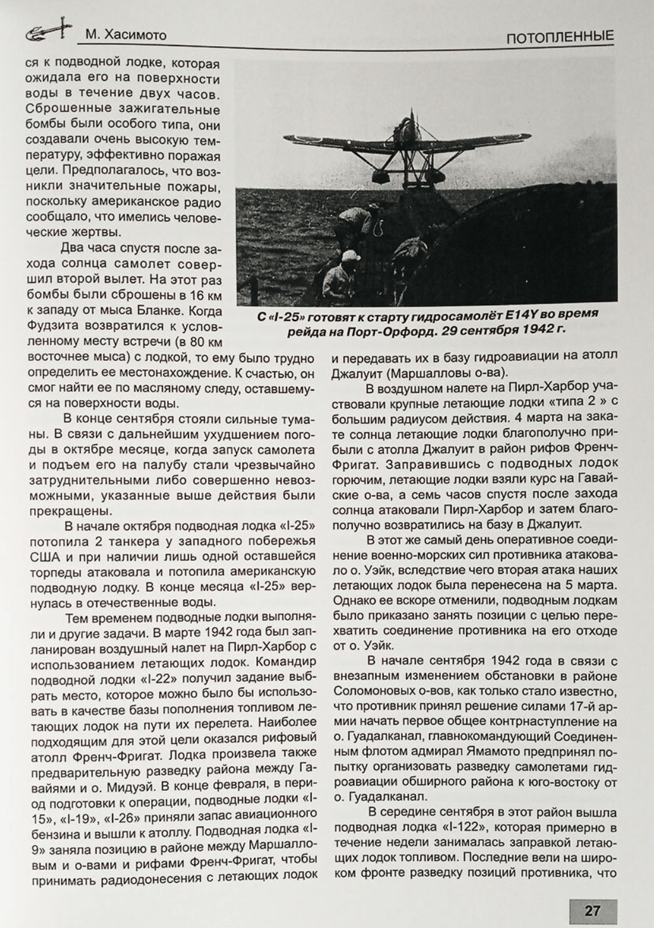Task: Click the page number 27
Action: pos(591,910)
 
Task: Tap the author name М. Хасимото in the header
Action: pos(126,35)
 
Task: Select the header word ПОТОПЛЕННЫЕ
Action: pos(560,37)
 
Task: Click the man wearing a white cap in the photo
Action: pos(347,269)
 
